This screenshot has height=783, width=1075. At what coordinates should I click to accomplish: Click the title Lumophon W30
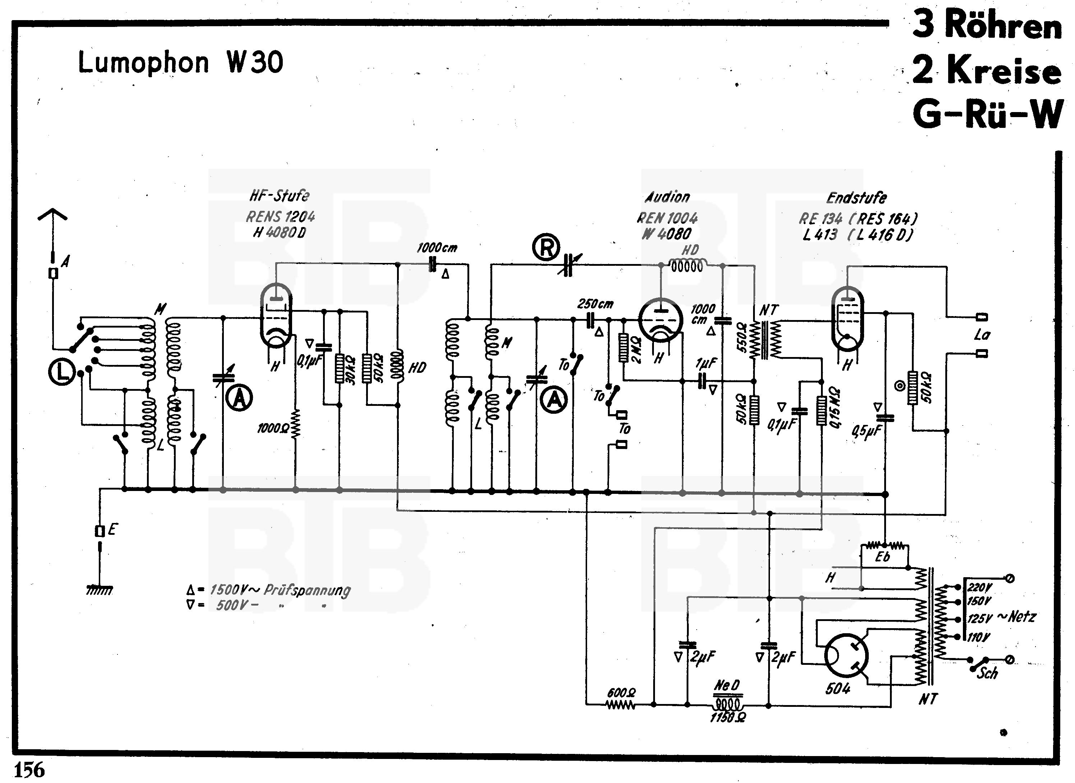tap(180, 62)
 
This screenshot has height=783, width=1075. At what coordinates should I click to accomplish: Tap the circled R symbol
tap(546, 247)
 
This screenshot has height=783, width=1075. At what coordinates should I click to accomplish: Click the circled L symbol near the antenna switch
tap(61, 372)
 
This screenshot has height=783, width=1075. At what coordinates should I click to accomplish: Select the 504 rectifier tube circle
tap(846, 656)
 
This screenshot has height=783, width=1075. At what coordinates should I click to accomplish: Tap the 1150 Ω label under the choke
tap(728, 718)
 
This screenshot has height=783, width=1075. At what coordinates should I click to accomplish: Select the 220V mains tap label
tap(979, 588)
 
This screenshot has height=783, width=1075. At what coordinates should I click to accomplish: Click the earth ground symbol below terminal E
tap(100, 590)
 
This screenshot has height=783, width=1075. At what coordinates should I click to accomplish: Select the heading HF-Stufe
tap(279, 195)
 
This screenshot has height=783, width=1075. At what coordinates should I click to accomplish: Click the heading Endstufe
tap(857, 198)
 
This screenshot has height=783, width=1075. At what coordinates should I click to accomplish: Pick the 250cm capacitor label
tap(595, 304)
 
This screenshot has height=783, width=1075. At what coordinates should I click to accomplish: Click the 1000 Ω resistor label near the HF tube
tap(273, 428)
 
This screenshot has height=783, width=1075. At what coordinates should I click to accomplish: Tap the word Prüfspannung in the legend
tap(307, 590)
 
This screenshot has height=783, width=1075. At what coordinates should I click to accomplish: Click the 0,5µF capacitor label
tap(867, 431)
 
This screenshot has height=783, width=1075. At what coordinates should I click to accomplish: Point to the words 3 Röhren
tap(987, 25)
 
